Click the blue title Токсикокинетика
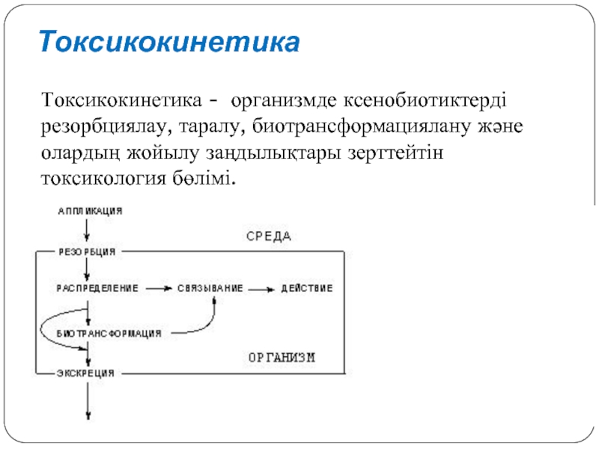click(x=169, y=41)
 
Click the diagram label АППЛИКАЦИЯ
click(x=90, y=211)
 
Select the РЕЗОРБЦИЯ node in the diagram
click(x=87, y=252)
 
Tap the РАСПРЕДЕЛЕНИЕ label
click(x=97, y=288)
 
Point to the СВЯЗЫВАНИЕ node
click(x=210, y=288)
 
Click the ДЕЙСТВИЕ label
click(x=307, y=288)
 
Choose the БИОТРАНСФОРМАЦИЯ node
click(x=109, y=334)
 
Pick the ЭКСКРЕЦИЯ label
click(x=85, y=373)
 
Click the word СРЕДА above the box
click(x=269, y=236)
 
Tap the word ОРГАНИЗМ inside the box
click(x=282, y=358)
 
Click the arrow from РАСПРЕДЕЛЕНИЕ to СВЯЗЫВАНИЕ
click(x=158, y=289)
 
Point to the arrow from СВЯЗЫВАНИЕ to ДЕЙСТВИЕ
click(x=261, y=290)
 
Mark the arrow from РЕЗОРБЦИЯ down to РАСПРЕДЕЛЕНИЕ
click(x=87, y=269)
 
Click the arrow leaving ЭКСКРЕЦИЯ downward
click(x=88, y=401)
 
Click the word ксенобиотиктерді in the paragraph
click(x=425, y=101)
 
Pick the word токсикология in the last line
click(x=103, y=179)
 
